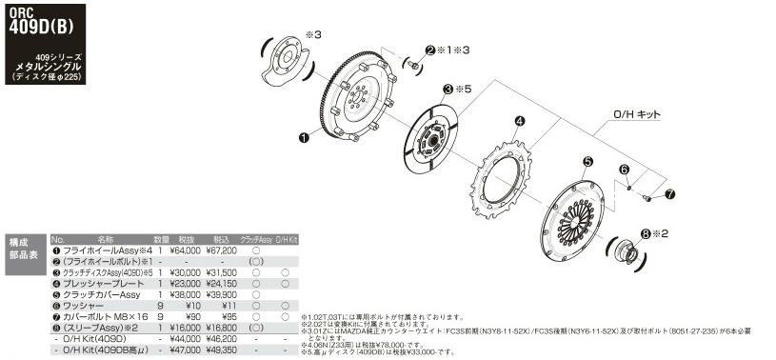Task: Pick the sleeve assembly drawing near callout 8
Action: (x=630, y=250)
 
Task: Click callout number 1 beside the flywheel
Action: (x=303, y=138)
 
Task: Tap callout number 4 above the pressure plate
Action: (x=520, y=121)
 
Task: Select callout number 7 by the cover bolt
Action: (x=669, y=193)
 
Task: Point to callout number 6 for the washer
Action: (x=626, y=170)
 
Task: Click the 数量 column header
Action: (x=161, y=239)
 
